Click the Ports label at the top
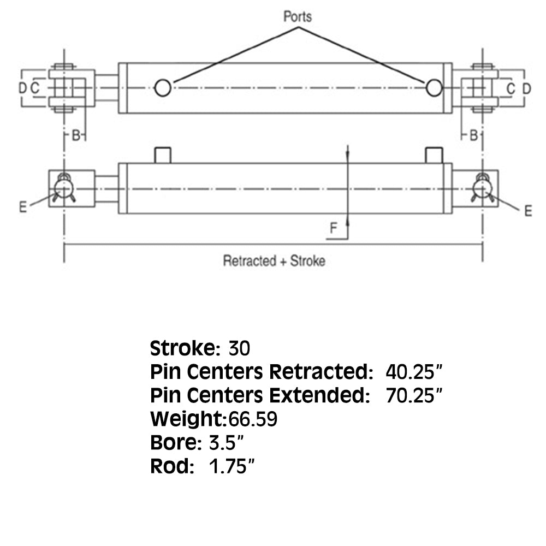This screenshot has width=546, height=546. click(298, 16)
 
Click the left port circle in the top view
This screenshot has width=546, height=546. click(163, 88)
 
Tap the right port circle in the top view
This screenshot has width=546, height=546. click(434, 88)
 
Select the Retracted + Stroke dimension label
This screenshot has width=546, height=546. click(274, 261)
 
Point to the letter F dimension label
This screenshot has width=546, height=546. click(333, 228)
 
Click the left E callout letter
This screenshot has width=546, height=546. click(23, 207)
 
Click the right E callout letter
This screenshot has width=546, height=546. click(528, 211)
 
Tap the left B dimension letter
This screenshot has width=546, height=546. click(75, 135)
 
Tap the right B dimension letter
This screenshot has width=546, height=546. click(473, 135)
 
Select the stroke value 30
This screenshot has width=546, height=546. click(239, 348)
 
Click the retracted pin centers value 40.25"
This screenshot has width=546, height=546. click(414, 372)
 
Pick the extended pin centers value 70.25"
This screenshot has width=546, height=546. click(414, 395)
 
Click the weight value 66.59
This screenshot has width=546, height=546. click(253, 419)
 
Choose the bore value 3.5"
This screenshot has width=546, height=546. click(227, 443)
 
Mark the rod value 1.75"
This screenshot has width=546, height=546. click(232, 466)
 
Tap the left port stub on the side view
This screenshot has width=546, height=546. click(163, 155)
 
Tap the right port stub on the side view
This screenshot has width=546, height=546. click(434, 155)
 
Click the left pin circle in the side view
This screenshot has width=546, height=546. click(64, 189)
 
